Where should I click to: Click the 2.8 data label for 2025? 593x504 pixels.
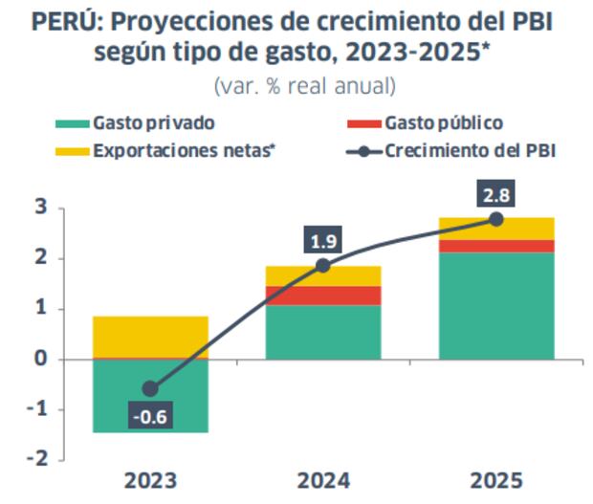495,194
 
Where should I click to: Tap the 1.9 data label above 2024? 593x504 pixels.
323,240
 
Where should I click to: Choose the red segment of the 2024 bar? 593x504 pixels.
323,296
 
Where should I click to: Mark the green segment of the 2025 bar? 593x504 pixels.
496,305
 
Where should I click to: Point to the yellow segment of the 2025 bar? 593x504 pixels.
496,229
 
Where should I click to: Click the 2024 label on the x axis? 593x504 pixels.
323,480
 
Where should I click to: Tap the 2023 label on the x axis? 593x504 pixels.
150,480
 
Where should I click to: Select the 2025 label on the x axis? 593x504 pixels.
496,480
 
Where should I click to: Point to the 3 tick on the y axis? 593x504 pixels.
41,208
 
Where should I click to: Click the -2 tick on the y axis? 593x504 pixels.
37,460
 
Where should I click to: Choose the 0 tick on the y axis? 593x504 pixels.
41,360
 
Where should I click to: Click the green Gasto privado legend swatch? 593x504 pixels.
72,124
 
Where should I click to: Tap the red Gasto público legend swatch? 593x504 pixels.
362,124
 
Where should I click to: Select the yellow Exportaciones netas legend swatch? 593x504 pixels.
72,151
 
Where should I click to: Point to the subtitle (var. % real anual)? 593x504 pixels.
303,85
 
